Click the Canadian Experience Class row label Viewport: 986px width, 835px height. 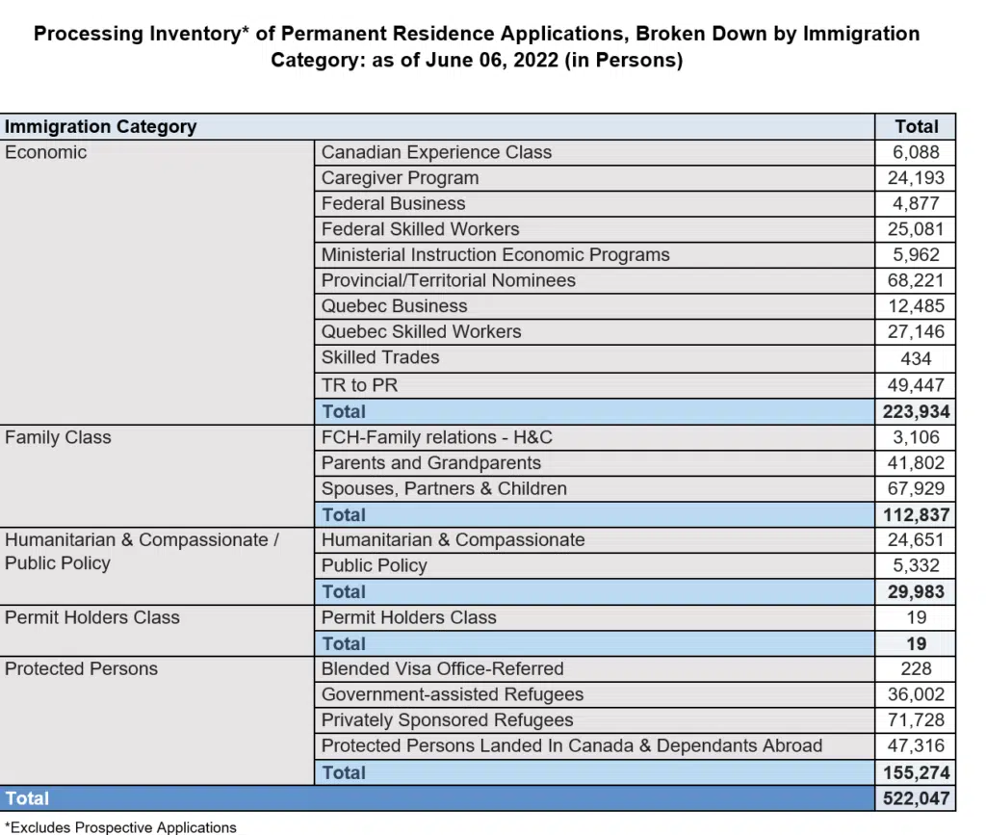pos(436,152)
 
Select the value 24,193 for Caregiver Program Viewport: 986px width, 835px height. pos(916,178)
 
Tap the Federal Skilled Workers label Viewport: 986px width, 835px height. pos(420,229)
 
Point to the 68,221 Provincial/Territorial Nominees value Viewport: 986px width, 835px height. pos(916,280)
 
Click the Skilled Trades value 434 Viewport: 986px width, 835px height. pos(916,358)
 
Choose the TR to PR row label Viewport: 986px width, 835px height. pos(359,385)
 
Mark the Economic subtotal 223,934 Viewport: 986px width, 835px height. pos(916,412)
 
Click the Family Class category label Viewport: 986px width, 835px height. pos(58,437)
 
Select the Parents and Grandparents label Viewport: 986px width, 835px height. pos(431,463)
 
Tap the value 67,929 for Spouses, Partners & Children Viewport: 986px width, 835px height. pos(916,488)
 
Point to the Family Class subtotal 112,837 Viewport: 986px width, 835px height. pos(916,515)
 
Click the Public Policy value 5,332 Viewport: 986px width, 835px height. pos(916,565)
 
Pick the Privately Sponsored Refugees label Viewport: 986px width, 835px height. pos(447,720)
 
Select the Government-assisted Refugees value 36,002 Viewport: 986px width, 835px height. pos(916,694)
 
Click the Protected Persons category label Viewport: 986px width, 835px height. pos(81,668)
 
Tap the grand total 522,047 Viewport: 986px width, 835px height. pos(916,798)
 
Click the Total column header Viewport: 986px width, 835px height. pos(916,126)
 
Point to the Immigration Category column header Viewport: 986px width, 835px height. pos(100,126)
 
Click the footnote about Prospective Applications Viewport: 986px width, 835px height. pos(120,826)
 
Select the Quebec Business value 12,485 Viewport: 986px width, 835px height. pos(916,306)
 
